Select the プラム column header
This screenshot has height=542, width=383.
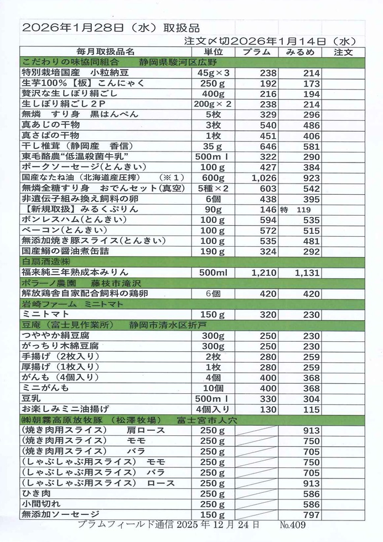[256, 51]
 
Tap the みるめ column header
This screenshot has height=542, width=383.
[300, 51]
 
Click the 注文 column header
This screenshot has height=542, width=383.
[344, 51]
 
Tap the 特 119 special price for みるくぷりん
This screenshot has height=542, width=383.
[297, 210]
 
